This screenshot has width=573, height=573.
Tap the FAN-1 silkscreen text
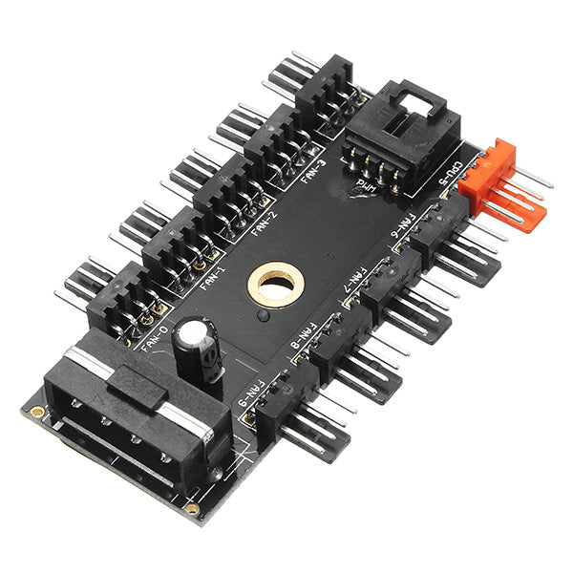210,281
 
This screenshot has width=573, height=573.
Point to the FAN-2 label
265,227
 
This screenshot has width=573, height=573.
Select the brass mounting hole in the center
277,284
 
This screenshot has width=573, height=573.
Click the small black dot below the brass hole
261,314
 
